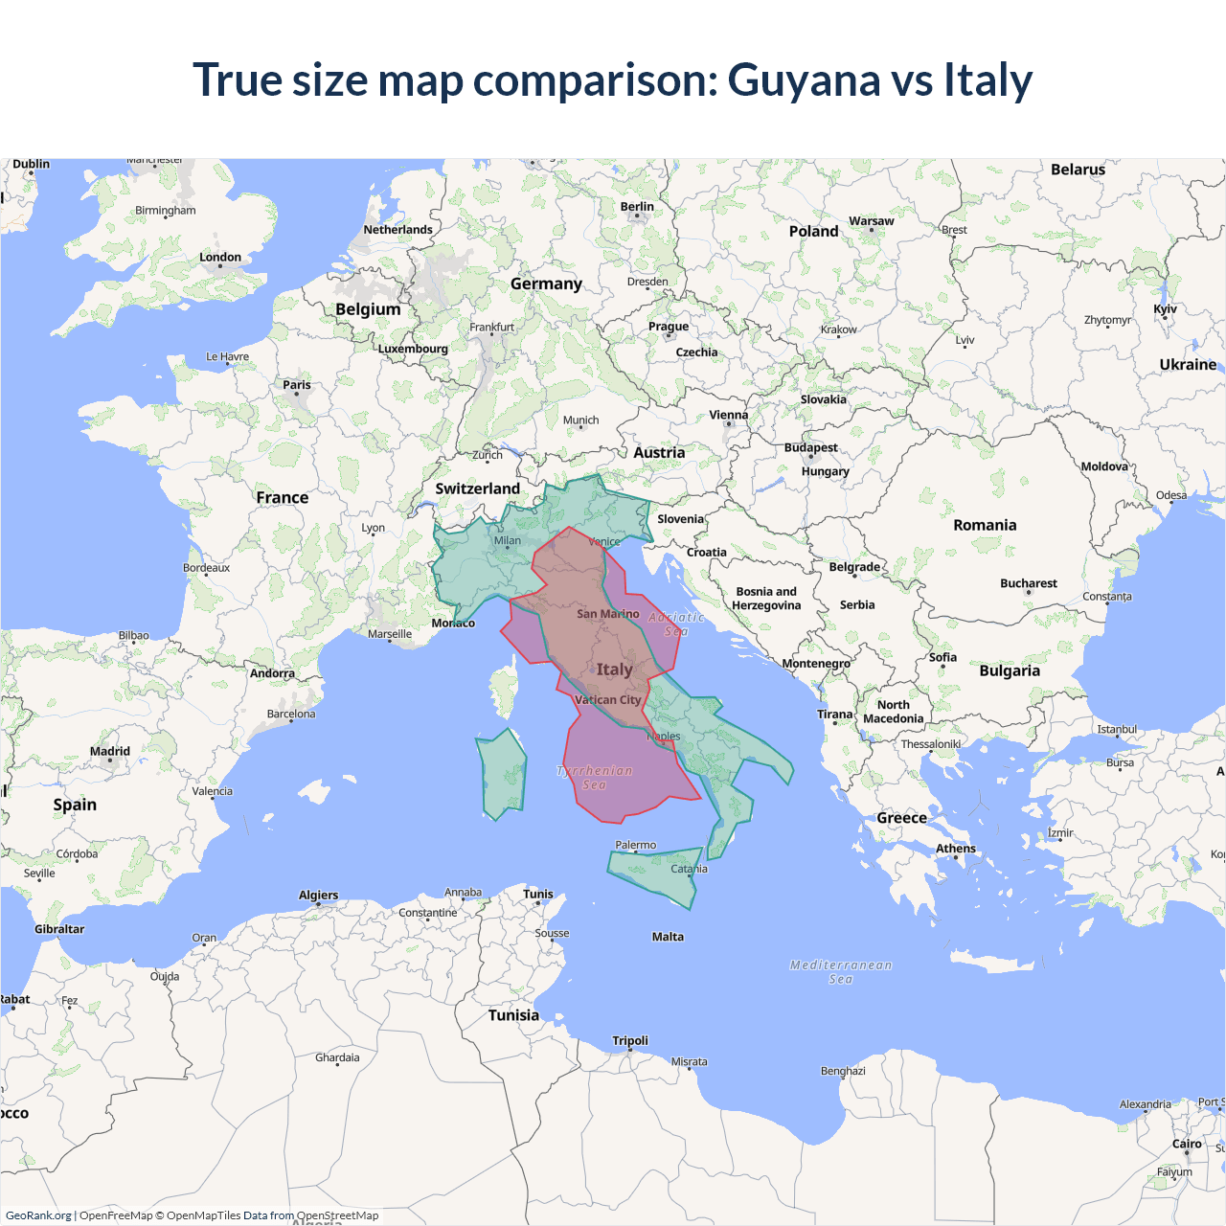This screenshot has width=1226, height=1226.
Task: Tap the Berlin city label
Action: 637,206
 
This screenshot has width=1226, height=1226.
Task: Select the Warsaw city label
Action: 871,221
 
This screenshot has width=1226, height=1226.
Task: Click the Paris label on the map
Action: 297,385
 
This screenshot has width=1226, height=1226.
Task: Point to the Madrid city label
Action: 110,751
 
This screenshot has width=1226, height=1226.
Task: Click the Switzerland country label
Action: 477,488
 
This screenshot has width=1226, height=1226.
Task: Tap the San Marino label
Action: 607,614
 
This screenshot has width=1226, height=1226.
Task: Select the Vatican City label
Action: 607,700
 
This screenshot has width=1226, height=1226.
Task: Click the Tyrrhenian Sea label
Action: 594,777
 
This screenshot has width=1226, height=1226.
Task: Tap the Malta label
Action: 668,937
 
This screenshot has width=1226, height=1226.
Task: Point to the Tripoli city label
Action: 630,1040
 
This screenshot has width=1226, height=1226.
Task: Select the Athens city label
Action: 955,849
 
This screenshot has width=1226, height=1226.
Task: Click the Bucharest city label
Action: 1028,583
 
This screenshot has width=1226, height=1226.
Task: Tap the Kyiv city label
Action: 1165,309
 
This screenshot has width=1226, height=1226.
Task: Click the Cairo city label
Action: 1187,1144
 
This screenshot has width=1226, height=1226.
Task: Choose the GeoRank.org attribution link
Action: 38,1215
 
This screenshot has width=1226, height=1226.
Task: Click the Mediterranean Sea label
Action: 840,971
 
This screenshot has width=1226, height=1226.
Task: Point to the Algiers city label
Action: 318,896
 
